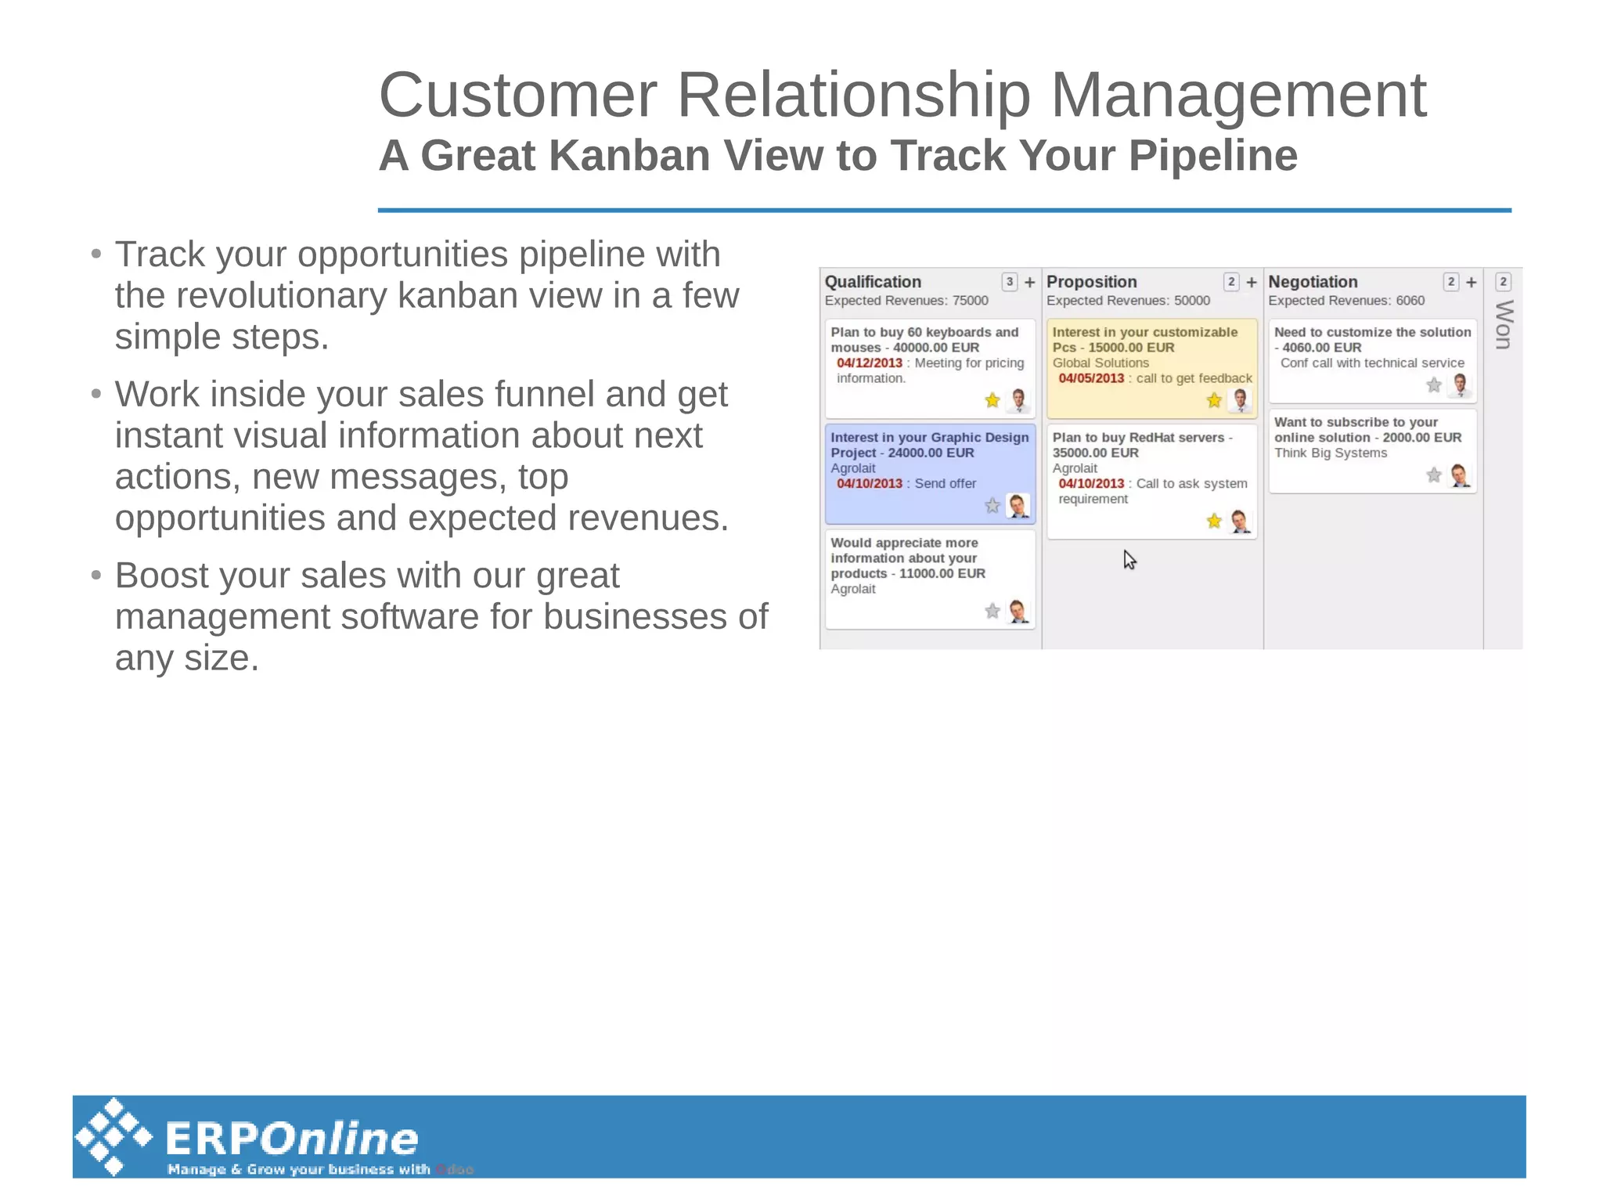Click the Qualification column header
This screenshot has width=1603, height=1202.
click(x=872, y=282)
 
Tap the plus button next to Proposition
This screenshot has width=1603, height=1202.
click(x=1252, y=282)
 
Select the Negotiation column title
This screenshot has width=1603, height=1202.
click(x=1313, y=282)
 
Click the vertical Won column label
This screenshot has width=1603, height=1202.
click(x=1503, y=324)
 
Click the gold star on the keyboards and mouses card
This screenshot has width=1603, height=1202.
click(x=992, y=400)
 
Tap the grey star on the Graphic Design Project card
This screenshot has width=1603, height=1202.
click(x=992, y=506)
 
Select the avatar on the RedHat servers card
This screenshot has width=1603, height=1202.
click(x=1240, y=521)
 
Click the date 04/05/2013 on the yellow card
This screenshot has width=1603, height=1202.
click(x=1091, y=378)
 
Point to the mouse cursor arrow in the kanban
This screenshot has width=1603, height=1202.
click(x=1129, y=558)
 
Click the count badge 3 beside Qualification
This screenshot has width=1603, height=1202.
click(x=1010, y=282)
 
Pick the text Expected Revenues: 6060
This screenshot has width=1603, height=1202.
click(x=1346, y=301)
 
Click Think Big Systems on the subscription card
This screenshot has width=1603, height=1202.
click(x=1330, y=453)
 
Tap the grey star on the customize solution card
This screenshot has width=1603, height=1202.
click(x=1433, y=384)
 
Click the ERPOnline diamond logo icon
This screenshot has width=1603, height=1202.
click(x=114, y=1136)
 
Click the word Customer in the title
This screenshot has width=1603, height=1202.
click(x=517, y=96)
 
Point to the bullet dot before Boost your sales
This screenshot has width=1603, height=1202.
click(x=96, y=576)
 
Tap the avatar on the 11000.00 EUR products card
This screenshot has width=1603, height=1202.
click(x=1018, y=611)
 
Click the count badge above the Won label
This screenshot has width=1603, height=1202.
click(x=1503, y=282)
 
